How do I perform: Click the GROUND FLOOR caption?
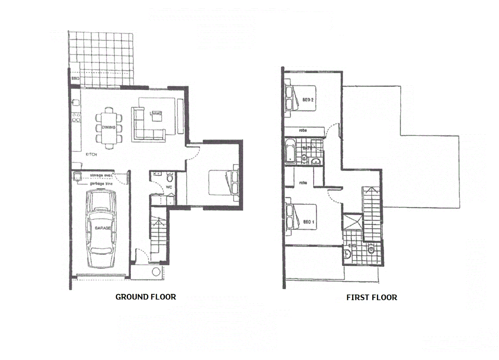(x=146, y=297)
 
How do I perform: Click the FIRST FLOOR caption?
(x=371, y=297)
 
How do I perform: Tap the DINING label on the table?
(x=109, y=127)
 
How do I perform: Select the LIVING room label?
(x=156, y=114)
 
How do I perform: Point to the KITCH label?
(x=91, y=154)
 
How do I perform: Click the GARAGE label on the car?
(x=102, y=228)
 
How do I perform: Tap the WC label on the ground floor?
(x=169, y=187)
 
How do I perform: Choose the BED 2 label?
(x=308, y=100)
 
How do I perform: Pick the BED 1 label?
(x=308, y=222)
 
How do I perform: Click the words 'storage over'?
(x=101, y=175)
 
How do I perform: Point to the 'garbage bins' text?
(x=101, y=184)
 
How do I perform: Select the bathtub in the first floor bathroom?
(x=290, y=152)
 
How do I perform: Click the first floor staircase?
(x=371, y=213)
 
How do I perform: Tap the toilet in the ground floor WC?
(x=170, y=178)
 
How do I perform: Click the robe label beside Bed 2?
(x=303, y=130)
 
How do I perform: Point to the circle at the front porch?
(x=156, y=272)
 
